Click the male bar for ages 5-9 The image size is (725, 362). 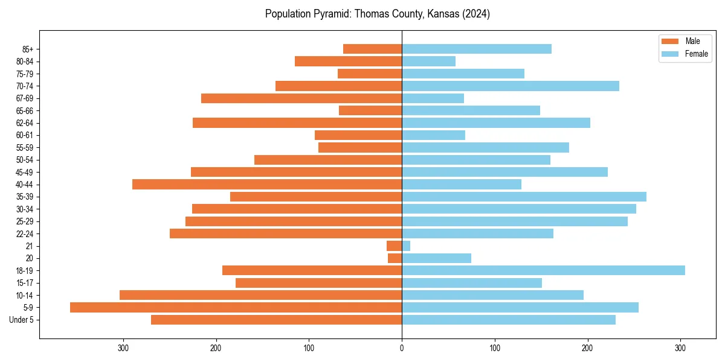pyautogui.click(x=236, y=307)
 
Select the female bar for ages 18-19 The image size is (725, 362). pyautogui.click(x=543, y=270)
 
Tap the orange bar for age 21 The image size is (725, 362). pyautogui.click(x=395, y=246)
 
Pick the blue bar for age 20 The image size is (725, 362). pyautogui.click(x=436, y=258)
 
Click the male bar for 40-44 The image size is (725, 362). pyautogui.click(x=267, y=184)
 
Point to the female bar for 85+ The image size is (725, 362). pyautogui.click(x=477, y=49)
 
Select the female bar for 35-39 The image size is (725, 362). pyautogui.click(x=524, y=197)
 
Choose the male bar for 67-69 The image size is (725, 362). pyautogui.click(x=301, y=98)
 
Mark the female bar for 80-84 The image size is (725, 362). pyautogui.click(x=428, y=61)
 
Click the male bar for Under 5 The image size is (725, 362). pyautogui.click(x=276, y=320)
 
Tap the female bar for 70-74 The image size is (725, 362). pyautogui.click(x=511, y=86)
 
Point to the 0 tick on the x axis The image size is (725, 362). pyautogui.click(x=402, y=348)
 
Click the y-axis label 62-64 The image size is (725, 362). pyautogui.click(x=25, y=123)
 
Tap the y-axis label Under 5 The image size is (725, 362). pyautogui.click(x=22, y=320)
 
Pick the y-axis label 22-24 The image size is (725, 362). pyautogui.click(x=25, y=234)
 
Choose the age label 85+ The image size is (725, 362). pyautogui.click(x=27, y=49)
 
